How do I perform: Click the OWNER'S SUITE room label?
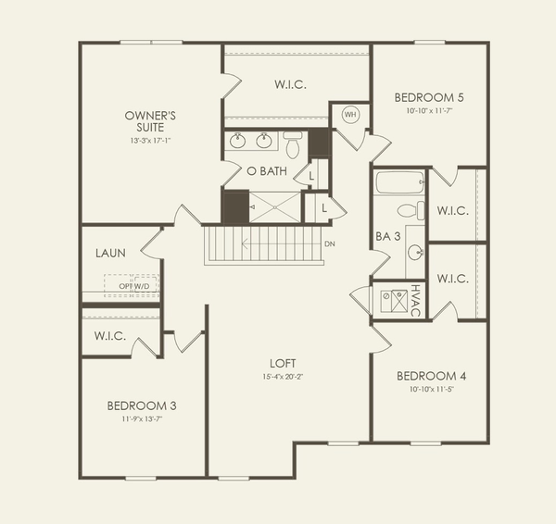click(152, 121)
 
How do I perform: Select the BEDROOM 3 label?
click(142, 405)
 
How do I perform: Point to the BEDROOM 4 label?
click(431, 376)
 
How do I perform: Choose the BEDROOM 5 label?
click(429, 97)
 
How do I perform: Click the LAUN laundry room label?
click(111, 252)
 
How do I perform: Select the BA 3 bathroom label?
click(388, 237)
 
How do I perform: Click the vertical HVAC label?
click(416, 300)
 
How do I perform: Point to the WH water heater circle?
click(349, 115)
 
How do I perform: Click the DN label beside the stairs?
click(329, 244)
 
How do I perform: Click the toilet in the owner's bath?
click(293, 146)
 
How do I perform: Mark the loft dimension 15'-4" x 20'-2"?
click(283, 377)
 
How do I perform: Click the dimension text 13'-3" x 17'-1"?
click(151, 141)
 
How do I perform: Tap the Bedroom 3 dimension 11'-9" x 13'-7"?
click(142, 418)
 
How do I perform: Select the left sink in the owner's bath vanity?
click(238, 142)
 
